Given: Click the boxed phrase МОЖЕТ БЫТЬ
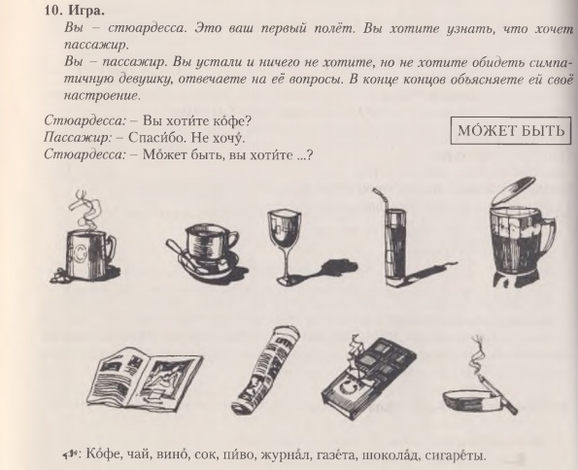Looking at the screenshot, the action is tap(511, 130).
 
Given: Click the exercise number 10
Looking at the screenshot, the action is tap(52, 11).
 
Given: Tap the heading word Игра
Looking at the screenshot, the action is tap(85, 11).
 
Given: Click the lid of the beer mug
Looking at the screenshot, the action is tap(514, 191).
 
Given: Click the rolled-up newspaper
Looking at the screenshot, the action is tap(265, 371).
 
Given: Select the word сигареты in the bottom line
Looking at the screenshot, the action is tap(456, 456).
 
